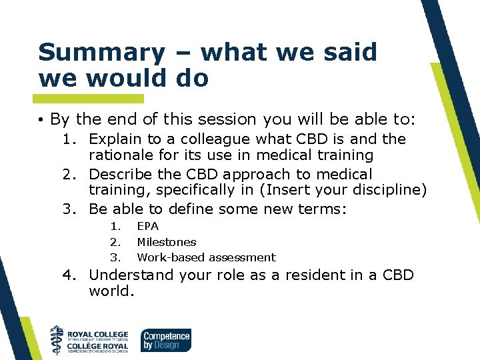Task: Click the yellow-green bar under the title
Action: (91, 98)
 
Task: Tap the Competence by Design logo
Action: (165, 340)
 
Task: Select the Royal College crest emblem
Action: (58, 339)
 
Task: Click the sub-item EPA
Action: (147, 226)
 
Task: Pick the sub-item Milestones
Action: (166, 242)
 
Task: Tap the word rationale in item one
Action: (123, 155)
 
